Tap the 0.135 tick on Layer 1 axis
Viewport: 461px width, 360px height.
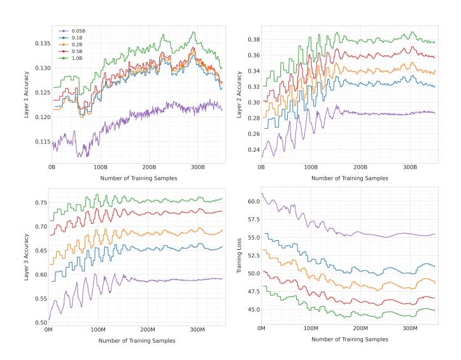(x=41, y=43)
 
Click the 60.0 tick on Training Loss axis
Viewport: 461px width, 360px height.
(x=252, y=201)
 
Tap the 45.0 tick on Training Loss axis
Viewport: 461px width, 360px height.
(x=252, y=310)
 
